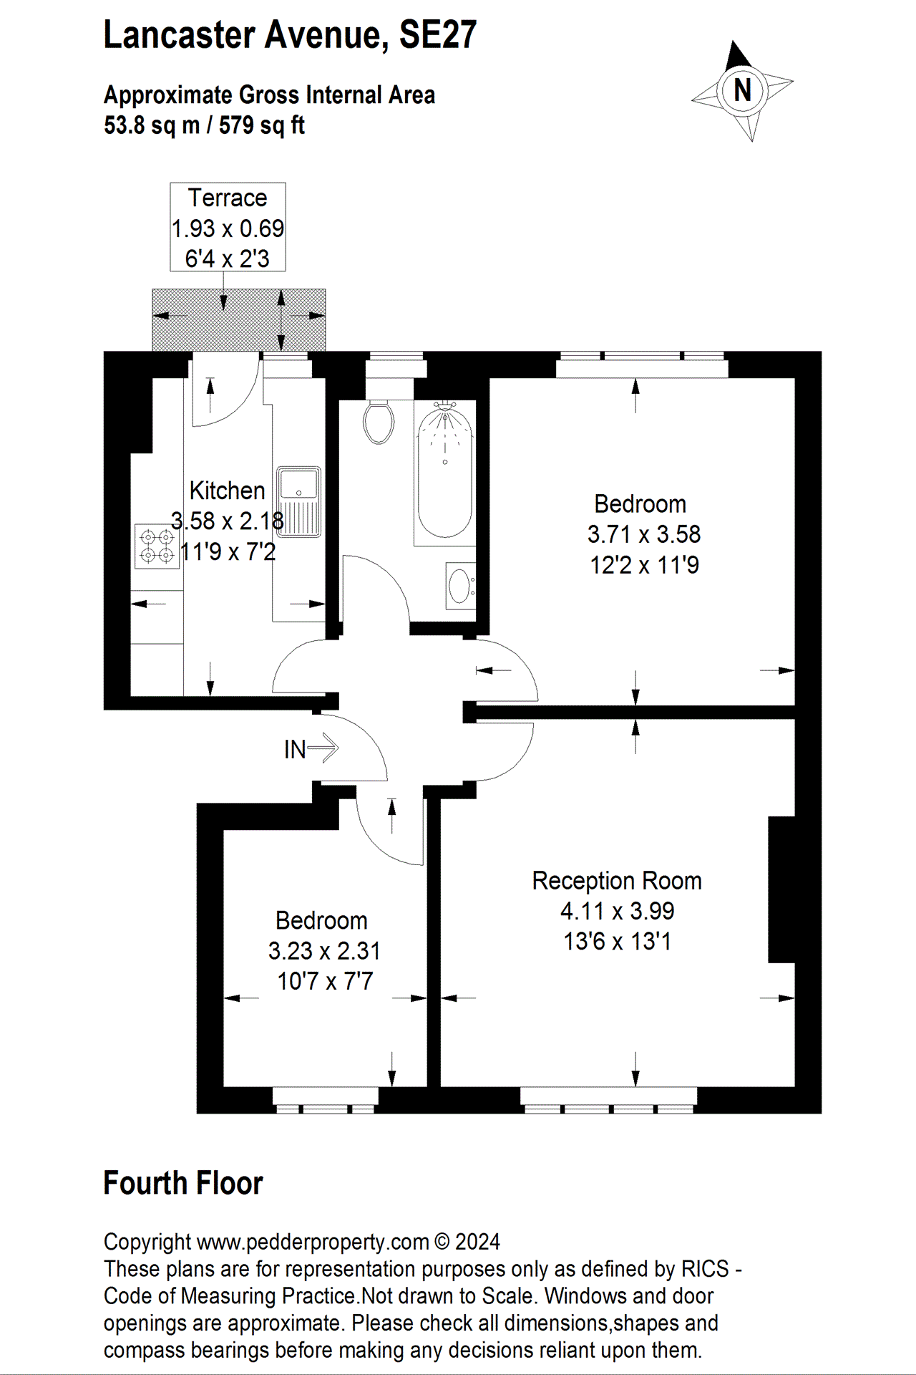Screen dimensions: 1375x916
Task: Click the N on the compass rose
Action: pos(743,91)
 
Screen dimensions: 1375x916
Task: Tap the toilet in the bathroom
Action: pos(379,423)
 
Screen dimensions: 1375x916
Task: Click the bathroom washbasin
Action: pos(459,587)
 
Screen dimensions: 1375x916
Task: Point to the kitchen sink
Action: pos(298,501)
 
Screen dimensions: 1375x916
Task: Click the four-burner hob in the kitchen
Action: pos(157,546)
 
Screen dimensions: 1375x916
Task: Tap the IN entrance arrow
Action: pos(311,748)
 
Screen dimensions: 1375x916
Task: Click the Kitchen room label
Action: pos(227,491)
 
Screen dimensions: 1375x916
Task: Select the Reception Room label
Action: pos(616,880)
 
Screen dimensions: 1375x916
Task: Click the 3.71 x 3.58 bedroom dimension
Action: pos(643,534)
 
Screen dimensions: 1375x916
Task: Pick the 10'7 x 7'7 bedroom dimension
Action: pos(325,981)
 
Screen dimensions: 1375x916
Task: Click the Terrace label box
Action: pos(228,227)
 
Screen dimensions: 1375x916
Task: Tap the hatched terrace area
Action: pos(239,319)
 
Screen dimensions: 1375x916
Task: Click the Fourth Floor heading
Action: pos(183,1183)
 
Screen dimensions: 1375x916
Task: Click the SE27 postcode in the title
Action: pos(437,35)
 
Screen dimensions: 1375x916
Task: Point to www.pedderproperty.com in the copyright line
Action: pos(313,1242)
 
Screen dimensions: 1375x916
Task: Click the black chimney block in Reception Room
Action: pos(781,889)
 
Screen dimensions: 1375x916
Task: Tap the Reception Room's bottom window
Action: pos(608,1100)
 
